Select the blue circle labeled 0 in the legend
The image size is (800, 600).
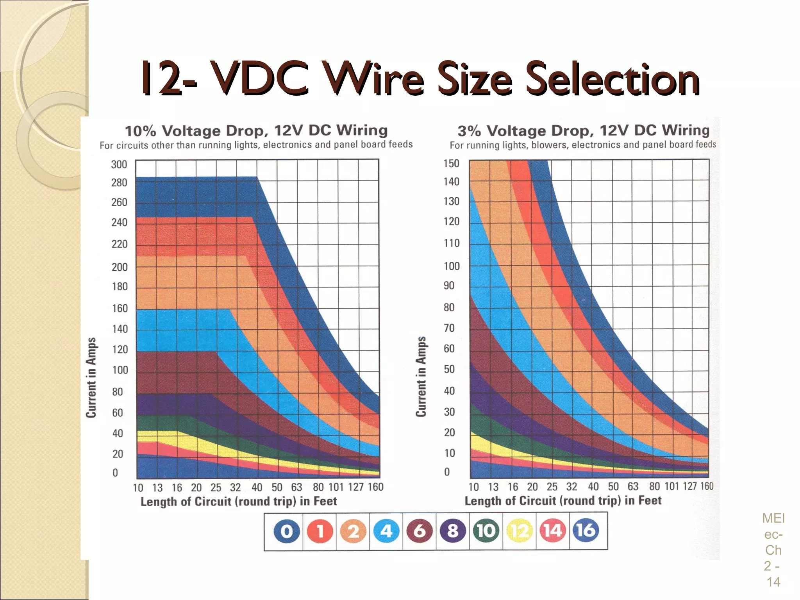(286, 531)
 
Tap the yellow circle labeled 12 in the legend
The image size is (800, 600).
(519, 531)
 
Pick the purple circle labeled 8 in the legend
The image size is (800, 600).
(453, 531)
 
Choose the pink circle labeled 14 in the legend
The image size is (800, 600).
(552, 531)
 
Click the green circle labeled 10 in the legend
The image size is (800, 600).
(486, 531)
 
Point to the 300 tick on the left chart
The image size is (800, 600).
(119, 164)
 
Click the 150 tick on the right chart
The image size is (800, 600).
(451, 163)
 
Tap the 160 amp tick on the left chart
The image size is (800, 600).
(120, 309)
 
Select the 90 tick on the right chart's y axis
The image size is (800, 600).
(449, 286)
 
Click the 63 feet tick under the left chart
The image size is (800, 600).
(296, 487)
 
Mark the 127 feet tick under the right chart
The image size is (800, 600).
(689, 486)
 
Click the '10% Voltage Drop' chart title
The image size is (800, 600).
(256, 130)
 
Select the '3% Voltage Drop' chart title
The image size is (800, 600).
(583, 130)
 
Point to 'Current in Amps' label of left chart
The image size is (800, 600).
(91, 377)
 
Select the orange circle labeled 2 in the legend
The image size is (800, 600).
(353, 531)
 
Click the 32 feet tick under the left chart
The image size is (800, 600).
(235, 487)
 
